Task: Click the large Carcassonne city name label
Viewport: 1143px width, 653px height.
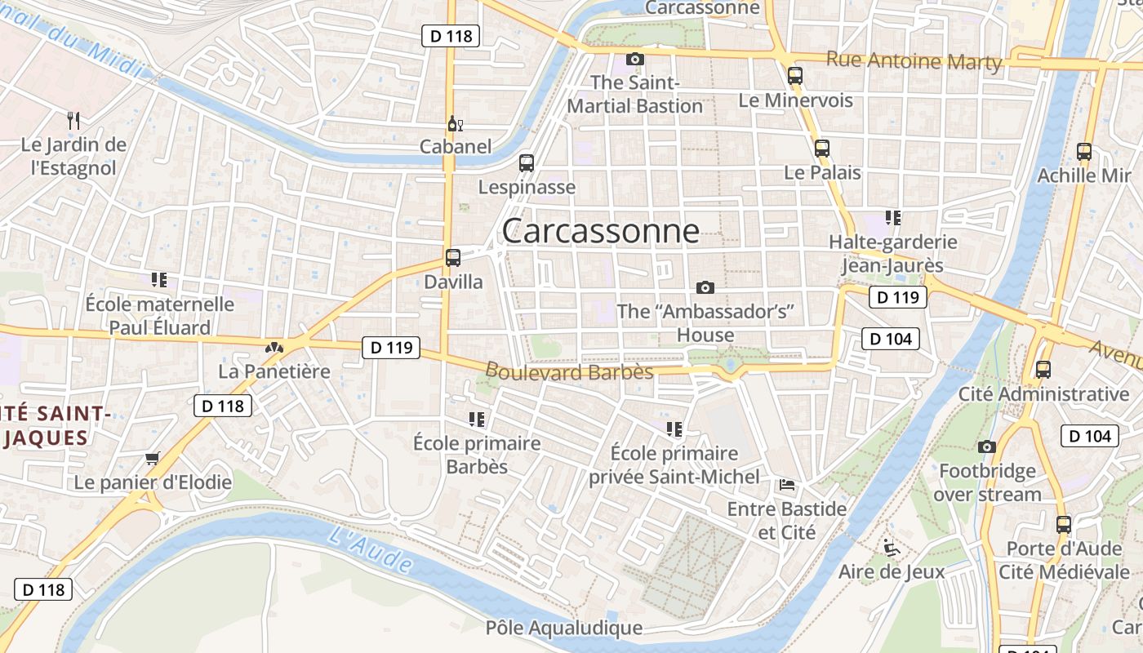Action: point(600,232)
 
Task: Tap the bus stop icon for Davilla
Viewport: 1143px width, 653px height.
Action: point(453,258)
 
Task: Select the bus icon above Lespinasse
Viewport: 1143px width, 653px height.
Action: point(527,162)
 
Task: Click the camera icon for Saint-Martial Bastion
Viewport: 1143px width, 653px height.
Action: point(634,59)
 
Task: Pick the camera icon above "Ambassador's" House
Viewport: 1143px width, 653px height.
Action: point(705,287)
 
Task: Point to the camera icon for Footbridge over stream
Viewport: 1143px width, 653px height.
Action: point(987,446)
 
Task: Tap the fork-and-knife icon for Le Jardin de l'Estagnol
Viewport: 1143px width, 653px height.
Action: point(74,121)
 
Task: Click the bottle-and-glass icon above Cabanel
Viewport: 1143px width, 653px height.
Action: point(455,124)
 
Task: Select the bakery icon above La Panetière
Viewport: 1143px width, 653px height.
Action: point(274,348)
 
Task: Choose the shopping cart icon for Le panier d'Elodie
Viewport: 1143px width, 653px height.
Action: point(152,458)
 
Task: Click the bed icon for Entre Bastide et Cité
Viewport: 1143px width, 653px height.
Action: point(787,485)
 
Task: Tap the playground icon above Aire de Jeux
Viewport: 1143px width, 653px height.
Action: point(891,547)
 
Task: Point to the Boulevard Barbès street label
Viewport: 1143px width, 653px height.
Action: point(569,371)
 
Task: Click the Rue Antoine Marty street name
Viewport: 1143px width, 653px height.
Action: point(914,60)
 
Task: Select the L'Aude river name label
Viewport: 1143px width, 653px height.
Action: point(372,549)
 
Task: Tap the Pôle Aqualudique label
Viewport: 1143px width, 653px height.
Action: point(564,628)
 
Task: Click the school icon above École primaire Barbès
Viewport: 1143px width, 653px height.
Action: point(477,420)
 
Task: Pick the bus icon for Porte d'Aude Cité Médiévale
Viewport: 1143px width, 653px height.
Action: point(1063,524)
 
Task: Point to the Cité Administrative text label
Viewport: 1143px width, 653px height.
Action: point(1043,394)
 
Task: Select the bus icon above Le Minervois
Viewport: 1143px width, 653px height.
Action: point(794,76)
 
